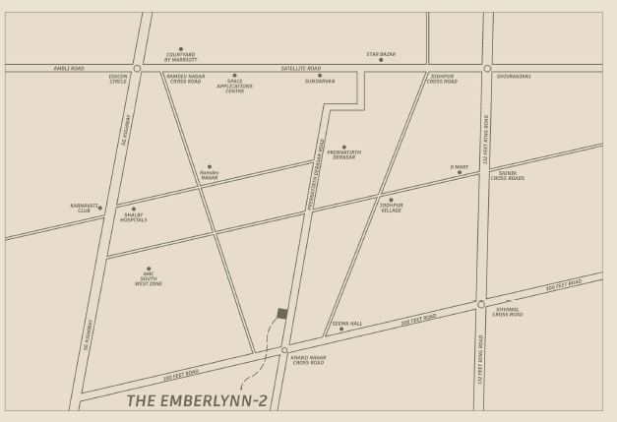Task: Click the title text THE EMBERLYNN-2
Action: pos(197,400)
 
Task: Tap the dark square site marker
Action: pos(282,313)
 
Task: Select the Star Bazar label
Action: pos(381,54)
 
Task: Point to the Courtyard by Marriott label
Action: pos(180,57)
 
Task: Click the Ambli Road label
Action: pos(69,68)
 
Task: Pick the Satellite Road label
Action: pos(301,68)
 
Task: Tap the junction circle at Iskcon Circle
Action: pos(137,69)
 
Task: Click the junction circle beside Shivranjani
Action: pos(487,69)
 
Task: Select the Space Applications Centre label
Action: pos(234,85)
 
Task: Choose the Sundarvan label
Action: pos(320,81)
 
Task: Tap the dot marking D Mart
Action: pos(460,172)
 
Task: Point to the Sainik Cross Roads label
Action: pos(508,176)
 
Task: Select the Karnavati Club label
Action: pos(85,208)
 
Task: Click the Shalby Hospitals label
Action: pos(134,217)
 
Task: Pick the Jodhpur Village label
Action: pos(392,208)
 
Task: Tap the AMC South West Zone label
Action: pos(149,279)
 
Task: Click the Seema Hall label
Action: pos(346,323)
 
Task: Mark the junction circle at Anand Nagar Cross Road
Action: pos(284,350)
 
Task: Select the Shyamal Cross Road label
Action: pos(508,313)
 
